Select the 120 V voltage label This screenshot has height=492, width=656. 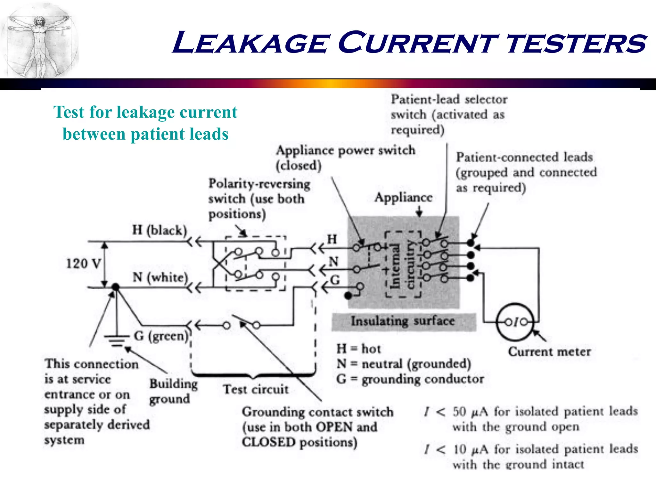click(83, 264)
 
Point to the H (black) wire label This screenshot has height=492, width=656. click(159, 230)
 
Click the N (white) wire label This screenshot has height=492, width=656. click(160, 277)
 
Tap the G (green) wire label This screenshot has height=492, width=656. click(161, 336)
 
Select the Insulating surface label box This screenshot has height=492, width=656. click(403, 321)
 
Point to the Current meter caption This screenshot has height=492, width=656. click(549, 352)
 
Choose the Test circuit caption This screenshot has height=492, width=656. click(256, 389)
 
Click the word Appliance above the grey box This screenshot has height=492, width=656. click(403, 197)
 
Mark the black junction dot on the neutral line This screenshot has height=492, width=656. click(115, 287)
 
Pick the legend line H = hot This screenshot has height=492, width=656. click(358, 348)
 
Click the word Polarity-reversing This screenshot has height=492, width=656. click(259, 184)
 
